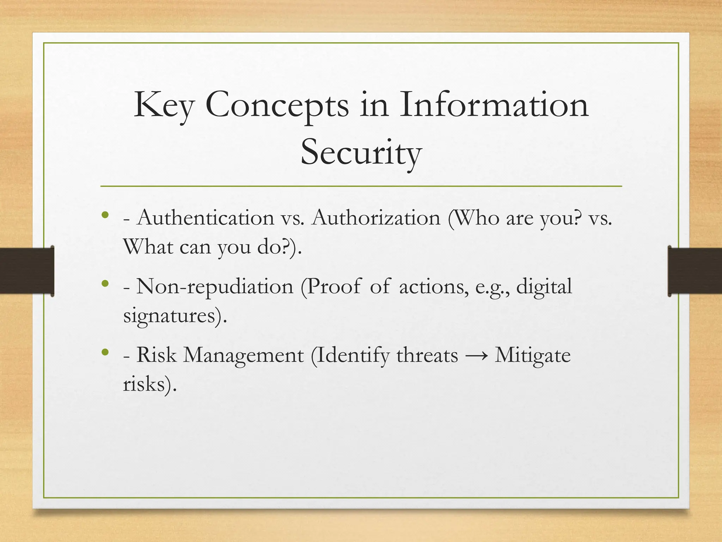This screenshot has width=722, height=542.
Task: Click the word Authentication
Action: pyautogui.click(x=206, y=217)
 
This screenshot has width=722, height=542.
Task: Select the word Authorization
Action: pyautogui.click(x=376, y=217)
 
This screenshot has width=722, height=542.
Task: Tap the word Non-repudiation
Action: pyautogui.click(x=215, y=286)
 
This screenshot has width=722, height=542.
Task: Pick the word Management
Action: pyautogui.click(x=243, y=355)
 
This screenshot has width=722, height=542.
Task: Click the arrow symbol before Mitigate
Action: pyautogui.click(x=476, y=356)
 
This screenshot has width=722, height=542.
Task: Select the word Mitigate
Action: pyautogui.click(x=532, y=355)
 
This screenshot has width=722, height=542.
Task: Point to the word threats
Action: pyautogui.click(x=427, y=355)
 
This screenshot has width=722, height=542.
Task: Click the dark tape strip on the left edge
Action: pyautogui.click(x=27, y=271)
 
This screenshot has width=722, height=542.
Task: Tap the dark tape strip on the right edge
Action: pyautogui.click(x=695, y=271)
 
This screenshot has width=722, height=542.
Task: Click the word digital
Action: pyautogui.click(x=544, y=286)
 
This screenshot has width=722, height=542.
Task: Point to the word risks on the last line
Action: pyautogui.click(x=144, y=384)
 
